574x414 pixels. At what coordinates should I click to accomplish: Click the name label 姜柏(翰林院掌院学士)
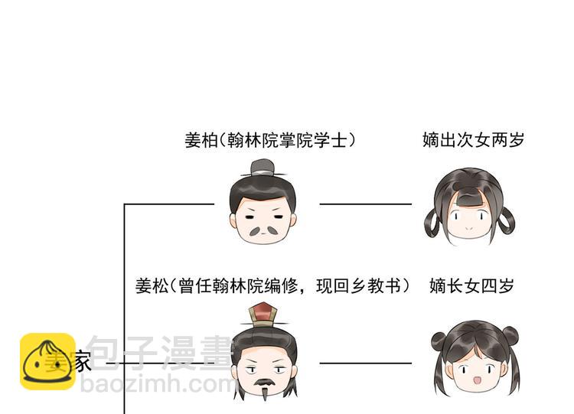pos(270,141)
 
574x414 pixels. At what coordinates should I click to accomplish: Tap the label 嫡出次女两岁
pos(473,141)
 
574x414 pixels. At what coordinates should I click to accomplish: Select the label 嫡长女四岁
pos(471,286)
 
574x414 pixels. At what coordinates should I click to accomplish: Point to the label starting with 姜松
pos(272,286)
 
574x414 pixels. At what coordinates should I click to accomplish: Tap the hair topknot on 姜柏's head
pos(263,167)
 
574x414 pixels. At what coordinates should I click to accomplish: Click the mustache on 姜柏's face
pos(263,229)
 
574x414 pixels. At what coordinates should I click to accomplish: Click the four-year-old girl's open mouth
pos(475,380)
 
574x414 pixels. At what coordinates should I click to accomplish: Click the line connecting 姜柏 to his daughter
pos(365,204)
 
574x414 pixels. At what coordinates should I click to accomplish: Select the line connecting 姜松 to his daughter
pos(365,363)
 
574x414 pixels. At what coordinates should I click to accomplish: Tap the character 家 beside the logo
pos(83,361)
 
